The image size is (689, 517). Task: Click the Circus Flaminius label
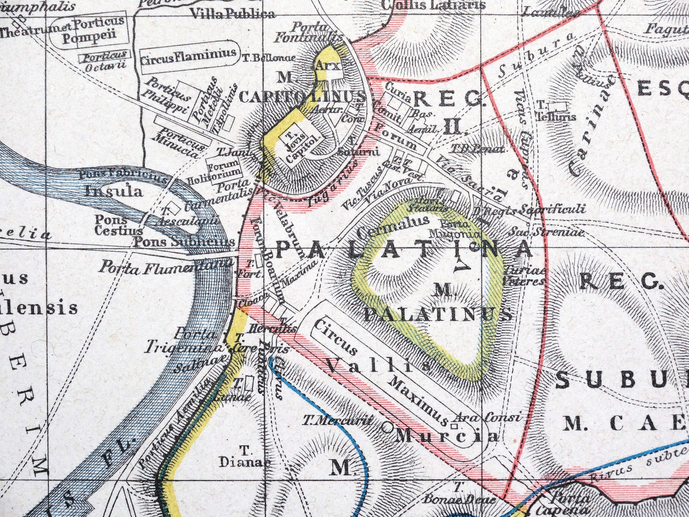click(x=188, y=56)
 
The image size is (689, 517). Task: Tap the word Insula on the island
click(x=114, y=192)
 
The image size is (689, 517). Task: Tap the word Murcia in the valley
click(x=448, y=437)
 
